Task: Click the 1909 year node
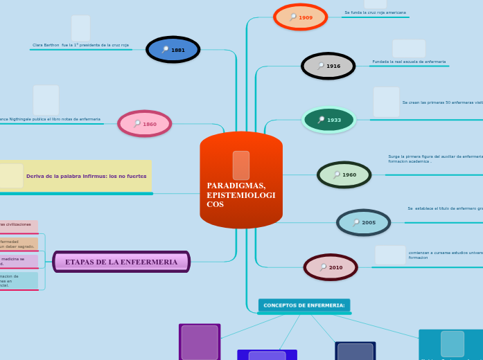[300, 17]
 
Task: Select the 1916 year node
[328, 66]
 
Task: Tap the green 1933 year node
[328, 120]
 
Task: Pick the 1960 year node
[344, 175]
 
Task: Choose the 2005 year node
[363, 223]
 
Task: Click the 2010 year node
[331, 267]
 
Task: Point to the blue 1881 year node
[173, 50]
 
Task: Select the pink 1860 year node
[144, 124]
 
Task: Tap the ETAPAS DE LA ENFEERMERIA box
[121, 262]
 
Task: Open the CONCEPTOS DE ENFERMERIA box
[304, 305]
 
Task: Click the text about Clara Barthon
[80, 45]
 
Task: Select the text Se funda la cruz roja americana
[375, 12]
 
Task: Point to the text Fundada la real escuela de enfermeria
[409, 62]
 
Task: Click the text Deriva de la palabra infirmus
[86, 176]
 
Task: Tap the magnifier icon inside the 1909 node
[293, 17]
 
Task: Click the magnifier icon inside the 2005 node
[355, 223]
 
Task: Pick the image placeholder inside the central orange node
[241, 165]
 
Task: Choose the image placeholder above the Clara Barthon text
[80, 28]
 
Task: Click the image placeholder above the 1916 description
[409, 48]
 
